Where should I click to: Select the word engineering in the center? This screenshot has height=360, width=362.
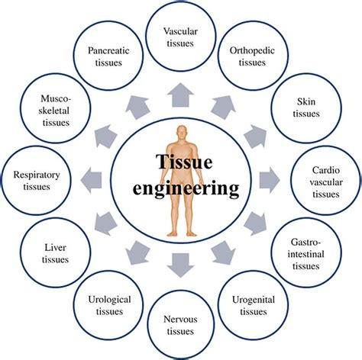tap(181, 188)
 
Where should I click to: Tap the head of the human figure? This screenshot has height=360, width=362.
tap(181, 132)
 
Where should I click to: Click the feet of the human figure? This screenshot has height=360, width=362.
tap(181, 232)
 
